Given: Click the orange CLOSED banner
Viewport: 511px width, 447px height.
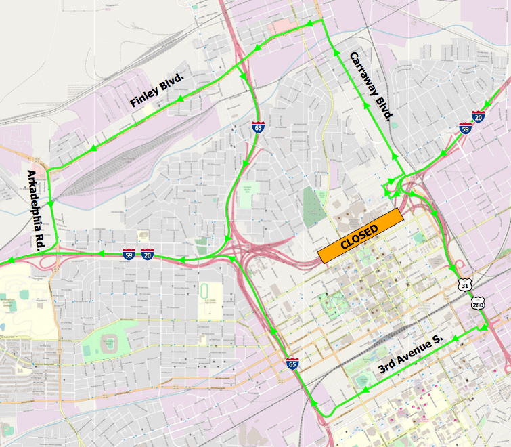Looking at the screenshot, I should pyautogui.click(x=360, y=236).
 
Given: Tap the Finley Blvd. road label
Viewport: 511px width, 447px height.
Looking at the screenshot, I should pyautogui.click(x=157, y=91).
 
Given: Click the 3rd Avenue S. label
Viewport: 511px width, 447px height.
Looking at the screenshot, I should pyautogui.click(x=409, y=356).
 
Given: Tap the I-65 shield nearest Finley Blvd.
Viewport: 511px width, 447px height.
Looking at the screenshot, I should pyautogui.click(x=258, y=127).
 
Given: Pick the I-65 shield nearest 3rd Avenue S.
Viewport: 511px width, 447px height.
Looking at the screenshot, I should pyautogui.click(x=292, y=364).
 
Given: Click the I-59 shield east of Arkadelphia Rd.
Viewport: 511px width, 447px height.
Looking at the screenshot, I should pyautogui.click(x=129, y=255).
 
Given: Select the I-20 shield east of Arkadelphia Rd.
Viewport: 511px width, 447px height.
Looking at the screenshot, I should pyautogui.click(x=148, y=255).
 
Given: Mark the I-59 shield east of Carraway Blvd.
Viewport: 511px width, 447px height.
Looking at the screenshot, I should pyautogui.click(x=464, y=127).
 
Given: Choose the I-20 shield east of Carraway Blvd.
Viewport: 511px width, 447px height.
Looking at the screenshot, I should pyautogui.click(x=479, y=116).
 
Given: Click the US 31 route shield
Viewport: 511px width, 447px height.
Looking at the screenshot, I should pyautogui.click(x=464, y=284).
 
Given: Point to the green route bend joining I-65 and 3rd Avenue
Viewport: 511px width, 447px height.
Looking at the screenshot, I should pyautogui.click(x=324, y=414).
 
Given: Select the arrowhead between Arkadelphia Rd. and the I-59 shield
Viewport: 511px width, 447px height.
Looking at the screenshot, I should pyautogui.click(x=99, y=254).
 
